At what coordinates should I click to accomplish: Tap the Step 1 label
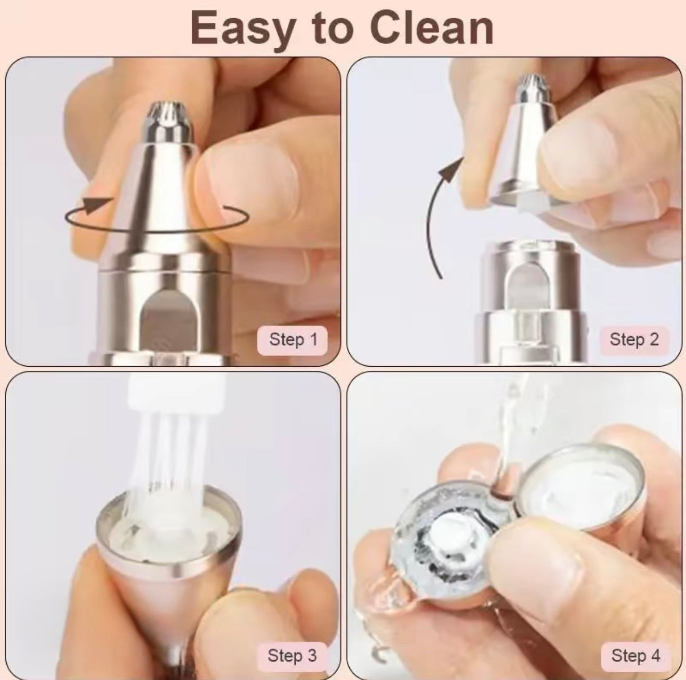(x=293, y=340)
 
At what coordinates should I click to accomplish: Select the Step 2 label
(x=634, y=340)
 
